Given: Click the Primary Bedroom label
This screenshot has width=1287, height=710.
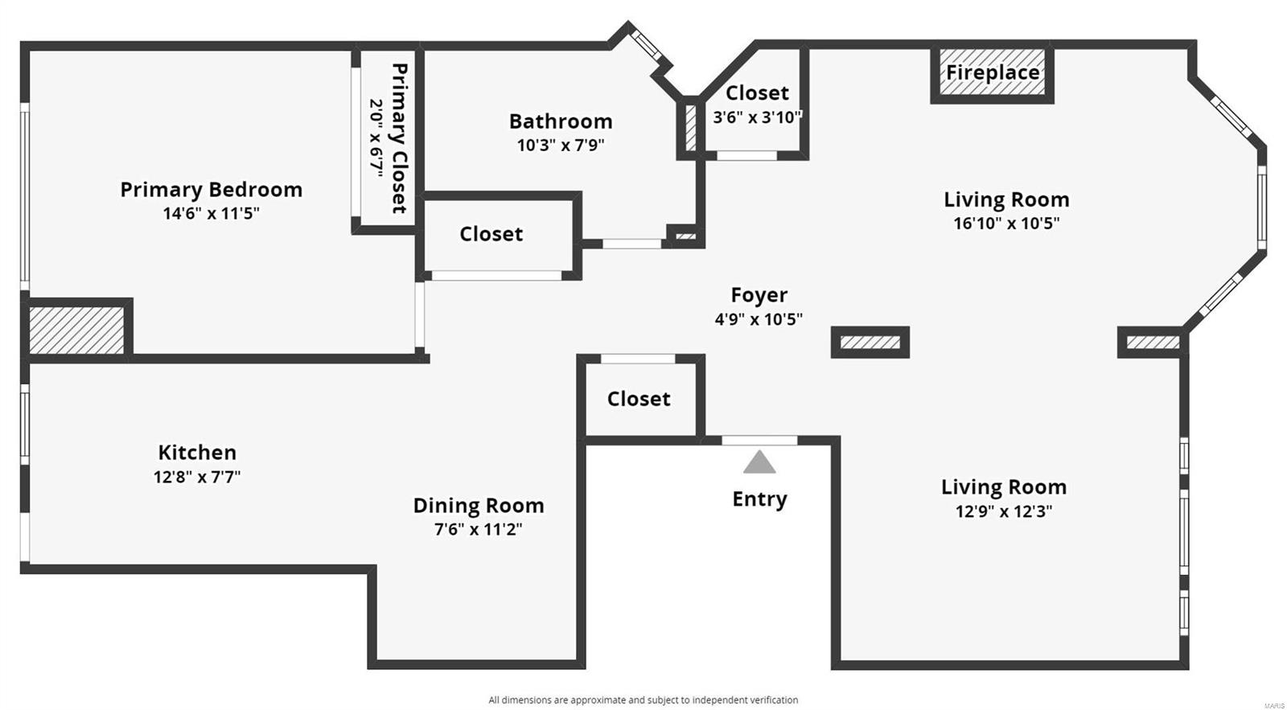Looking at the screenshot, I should click(211, 190).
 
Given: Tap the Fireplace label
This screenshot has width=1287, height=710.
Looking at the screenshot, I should click(992, 72).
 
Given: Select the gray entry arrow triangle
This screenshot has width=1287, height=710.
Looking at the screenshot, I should click(759, 462).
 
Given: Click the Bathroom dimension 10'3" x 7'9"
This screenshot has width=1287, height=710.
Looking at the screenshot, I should click(561, 146).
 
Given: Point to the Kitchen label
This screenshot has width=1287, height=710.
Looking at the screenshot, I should click(197, 453).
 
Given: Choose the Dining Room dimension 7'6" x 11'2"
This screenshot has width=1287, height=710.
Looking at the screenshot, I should click(479, 529).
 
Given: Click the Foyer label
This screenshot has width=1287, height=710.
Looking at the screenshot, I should click(759, 295).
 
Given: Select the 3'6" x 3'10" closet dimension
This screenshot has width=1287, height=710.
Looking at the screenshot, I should click(757, 117).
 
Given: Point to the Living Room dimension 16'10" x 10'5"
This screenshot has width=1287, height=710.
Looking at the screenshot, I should click(1006, 224).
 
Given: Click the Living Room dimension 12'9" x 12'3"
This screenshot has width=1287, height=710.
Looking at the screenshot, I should click(1004, 511).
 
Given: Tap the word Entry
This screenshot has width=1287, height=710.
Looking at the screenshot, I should click(759, 499).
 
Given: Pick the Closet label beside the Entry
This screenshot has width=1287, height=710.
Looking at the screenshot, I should click(639, 399).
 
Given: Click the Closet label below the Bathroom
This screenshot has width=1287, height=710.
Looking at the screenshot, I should click(491, 234).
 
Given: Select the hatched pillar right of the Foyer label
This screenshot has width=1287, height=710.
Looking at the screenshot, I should click(870, 343).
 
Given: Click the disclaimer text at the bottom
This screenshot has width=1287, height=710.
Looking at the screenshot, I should click(643, 700).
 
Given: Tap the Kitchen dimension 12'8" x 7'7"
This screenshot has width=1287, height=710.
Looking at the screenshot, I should click(197, 477).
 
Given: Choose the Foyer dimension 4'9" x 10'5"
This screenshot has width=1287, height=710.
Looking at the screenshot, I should click(759, 319).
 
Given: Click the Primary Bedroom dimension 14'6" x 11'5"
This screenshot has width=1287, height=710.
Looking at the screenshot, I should click(211, 214).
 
